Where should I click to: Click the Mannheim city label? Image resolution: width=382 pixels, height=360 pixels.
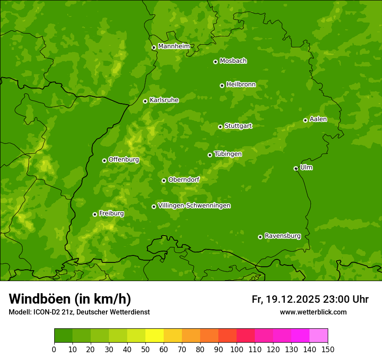174,46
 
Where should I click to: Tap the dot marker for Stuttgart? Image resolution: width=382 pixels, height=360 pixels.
220,127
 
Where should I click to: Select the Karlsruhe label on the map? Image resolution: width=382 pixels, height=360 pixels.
164,100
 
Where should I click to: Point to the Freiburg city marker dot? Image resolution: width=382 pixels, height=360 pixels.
95,214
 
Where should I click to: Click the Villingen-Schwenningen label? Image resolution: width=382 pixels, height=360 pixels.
194,206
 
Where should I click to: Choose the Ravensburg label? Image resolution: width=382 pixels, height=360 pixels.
282,236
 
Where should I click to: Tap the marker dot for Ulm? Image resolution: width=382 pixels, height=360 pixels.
296,168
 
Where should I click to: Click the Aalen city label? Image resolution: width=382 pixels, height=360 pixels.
318,119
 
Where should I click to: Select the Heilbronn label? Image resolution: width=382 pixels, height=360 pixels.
240,85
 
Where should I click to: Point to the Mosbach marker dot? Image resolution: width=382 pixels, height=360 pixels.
215,62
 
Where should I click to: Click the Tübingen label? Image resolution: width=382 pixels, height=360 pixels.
227,154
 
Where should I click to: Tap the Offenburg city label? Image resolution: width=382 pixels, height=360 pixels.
123,160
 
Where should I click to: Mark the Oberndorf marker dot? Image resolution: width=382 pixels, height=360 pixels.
164,180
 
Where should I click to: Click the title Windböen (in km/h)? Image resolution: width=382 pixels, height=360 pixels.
69,299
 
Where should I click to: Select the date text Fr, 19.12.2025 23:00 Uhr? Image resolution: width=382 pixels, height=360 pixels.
310,299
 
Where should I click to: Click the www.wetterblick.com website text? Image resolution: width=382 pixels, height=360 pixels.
313,312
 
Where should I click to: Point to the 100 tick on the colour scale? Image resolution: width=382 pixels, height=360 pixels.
237,349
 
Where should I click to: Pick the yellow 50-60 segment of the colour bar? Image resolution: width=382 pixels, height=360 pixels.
155,336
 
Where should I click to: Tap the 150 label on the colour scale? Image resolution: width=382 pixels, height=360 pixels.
328,349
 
